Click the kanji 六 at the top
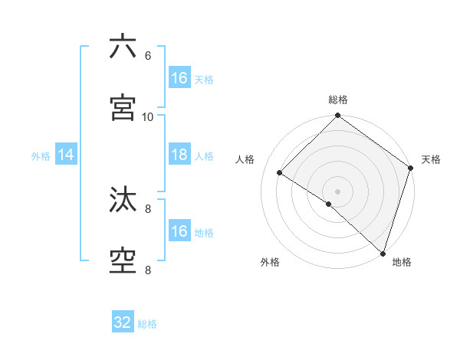[x=123, y=47]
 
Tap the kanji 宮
[x=123, y=108]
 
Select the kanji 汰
[x=123, y=200]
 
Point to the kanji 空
[x=123, y=261]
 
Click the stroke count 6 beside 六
[x=148, y=56]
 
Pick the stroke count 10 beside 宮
[x=148, y=117]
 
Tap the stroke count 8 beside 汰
[x=148, y=208]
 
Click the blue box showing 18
[x=179, y=155]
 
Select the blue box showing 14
[x=66, y=155]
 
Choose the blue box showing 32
[x=123, y=322]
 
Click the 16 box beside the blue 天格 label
[x=179, y=78]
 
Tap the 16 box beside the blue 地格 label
[x=179, y=231]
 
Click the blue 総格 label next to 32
[x=147, y=324]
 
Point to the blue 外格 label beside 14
[x=41, y=155]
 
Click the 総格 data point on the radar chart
[x=337, y=116]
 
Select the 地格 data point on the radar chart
[x=383, y=253]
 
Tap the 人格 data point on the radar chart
[x=280, y=173]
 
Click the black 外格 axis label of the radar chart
[x=270, y=263]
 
